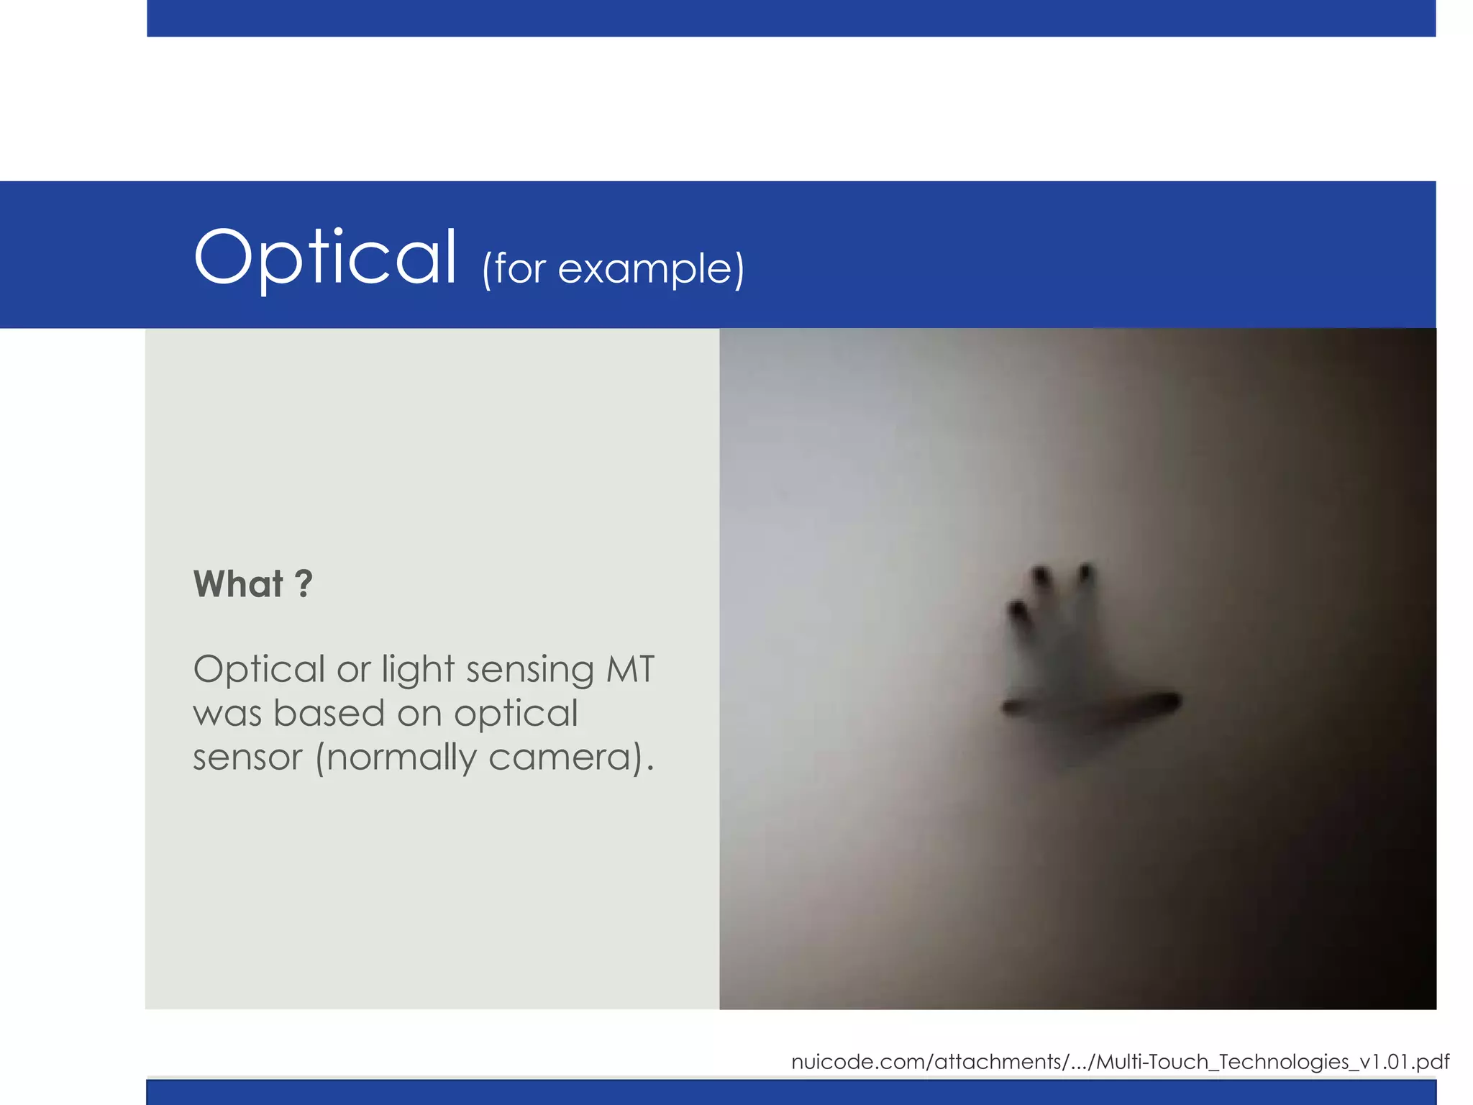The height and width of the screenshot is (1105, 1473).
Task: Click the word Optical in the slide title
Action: (325, 258)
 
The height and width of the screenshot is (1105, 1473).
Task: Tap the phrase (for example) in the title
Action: (613, 270)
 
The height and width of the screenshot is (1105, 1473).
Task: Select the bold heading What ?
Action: (252, 584)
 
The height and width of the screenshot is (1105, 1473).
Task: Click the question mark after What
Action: (304, 584)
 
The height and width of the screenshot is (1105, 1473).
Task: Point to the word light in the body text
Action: (418, 670)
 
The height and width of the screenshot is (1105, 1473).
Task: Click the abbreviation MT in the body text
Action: (630, 669)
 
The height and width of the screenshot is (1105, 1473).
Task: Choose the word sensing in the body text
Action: (529, 670)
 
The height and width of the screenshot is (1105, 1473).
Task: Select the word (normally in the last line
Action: (396, 758)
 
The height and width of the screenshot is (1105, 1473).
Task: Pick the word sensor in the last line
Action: (247, 758)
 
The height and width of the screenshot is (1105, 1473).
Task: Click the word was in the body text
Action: (227, 714)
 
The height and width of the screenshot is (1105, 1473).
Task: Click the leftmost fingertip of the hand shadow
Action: (1018, 611)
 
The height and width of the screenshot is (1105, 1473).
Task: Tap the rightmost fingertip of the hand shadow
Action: (1085, 573)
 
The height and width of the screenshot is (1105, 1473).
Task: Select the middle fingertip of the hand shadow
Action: (1040, 576)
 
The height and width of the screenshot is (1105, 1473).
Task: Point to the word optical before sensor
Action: (516, 714)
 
